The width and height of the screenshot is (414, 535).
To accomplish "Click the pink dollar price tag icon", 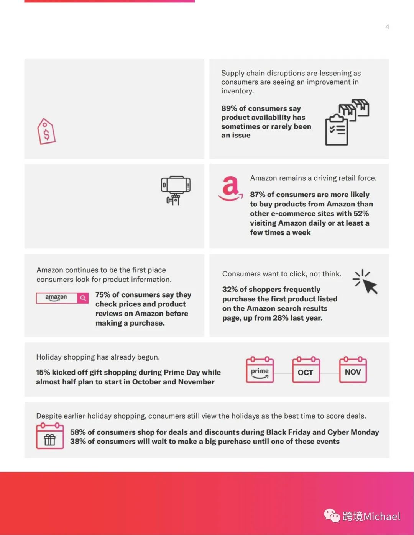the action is pos(46,131).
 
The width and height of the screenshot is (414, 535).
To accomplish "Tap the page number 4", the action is pos(387,27).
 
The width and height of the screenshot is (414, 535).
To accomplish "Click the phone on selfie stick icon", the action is pos(176,190).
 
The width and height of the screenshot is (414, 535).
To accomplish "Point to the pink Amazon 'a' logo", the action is pos(230,188).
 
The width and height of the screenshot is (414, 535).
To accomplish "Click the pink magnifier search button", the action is pos(83,298).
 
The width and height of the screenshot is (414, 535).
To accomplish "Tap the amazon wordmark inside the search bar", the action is pos(56,298).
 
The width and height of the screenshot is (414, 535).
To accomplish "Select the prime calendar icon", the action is pos(260,370).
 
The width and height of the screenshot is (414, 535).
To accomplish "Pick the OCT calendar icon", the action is pos(306,370).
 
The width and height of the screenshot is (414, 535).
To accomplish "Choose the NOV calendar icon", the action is pos(353,370).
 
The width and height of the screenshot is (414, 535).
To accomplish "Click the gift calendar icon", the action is pos(50,436).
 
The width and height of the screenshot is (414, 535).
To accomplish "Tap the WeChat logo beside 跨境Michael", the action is pos(332,515).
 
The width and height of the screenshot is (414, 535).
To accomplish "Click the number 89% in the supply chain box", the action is pos(229,109).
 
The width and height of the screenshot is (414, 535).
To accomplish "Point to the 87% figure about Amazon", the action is pos(258,195).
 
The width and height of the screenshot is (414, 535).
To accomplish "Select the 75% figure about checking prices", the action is pos(103,295).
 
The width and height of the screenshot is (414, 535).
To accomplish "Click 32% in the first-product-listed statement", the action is pos(229,290).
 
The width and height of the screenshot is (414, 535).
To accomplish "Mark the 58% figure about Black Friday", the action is pos(77,432).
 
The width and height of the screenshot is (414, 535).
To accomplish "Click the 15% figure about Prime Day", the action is pos(43,372).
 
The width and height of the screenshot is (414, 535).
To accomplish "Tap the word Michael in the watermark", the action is pos(382,516).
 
